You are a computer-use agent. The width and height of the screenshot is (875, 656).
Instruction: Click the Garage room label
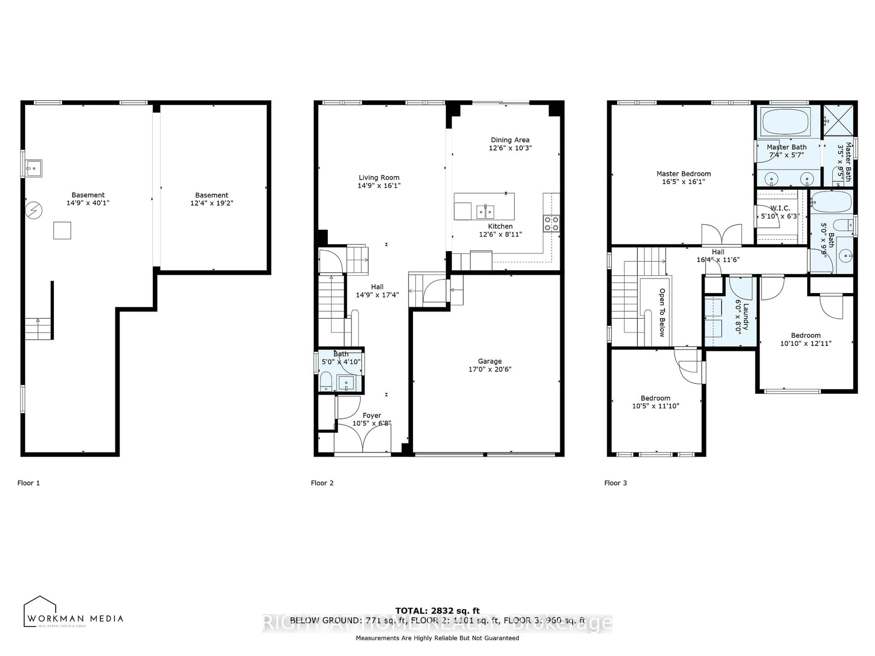point(490,361)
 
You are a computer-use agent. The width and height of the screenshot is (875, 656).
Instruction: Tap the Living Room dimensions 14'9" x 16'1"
point(379,185)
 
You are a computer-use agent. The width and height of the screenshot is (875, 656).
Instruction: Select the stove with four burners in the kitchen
point(551,223)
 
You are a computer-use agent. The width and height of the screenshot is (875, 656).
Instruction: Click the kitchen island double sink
point(485,212)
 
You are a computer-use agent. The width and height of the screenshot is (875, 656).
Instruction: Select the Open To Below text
point(662,312)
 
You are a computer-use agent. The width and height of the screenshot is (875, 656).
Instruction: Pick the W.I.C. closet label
point(780,208)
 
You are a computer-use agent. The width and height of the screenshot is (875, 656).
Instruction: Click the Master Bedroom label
point(684,174)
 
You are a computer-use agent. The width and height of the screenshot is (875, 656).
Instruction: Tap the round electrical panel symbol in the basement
point(34,210)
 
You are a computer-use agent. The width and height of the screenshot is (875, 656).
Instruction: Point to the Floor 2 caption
point(322,483)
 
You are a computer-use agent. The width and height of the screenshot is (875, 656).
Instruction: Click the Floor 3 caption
point(615,483)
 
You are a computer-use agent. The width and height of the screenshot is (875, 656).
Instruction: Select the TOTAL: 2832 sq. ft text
point(437,611)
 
